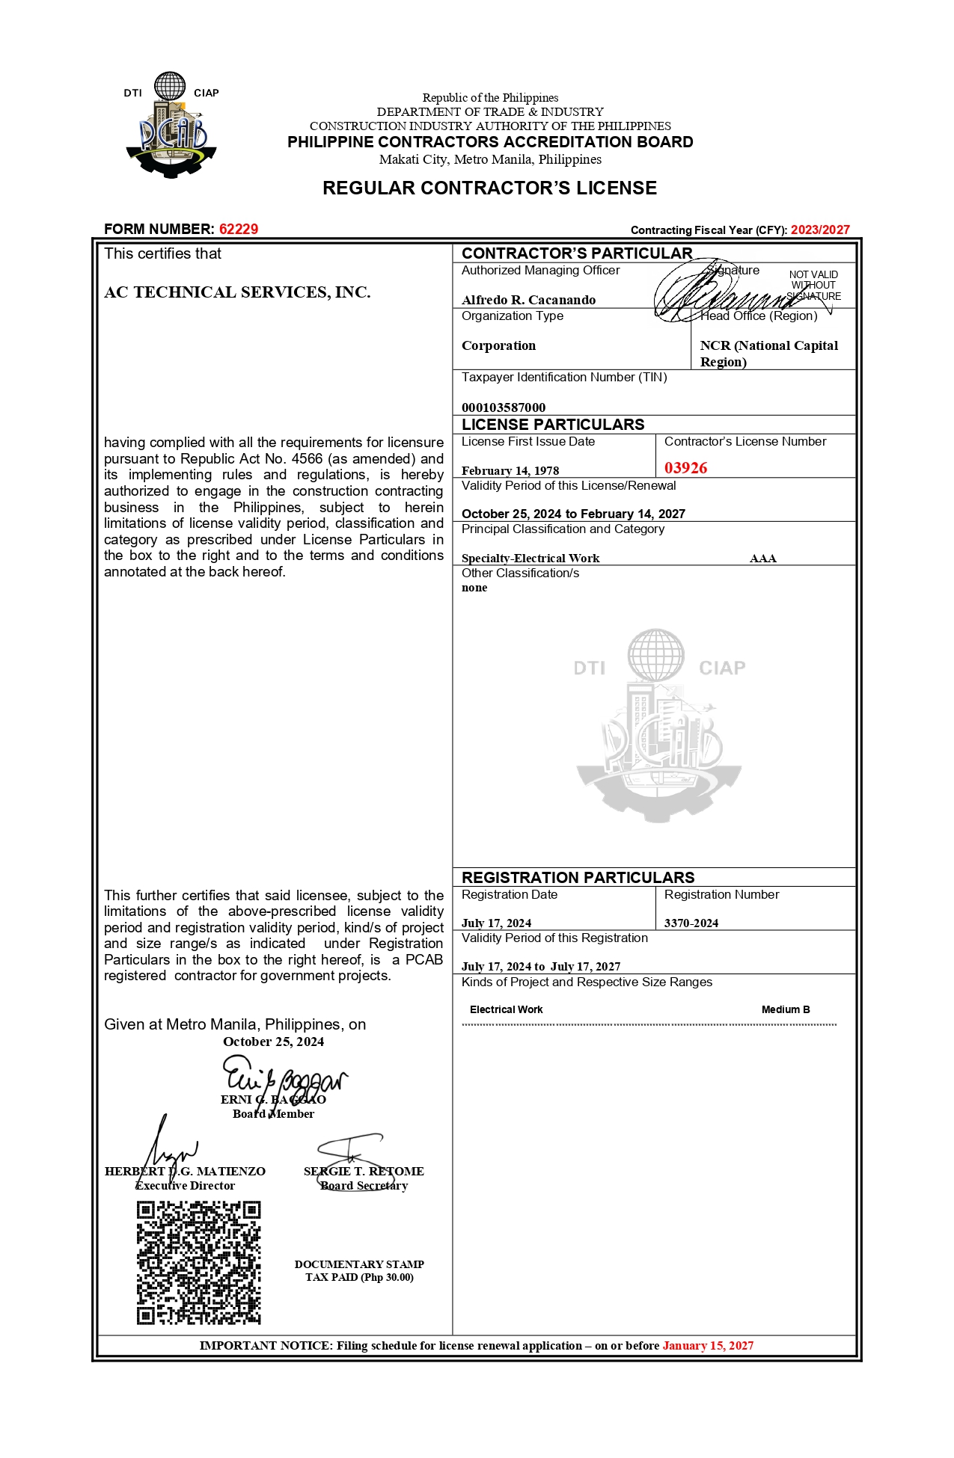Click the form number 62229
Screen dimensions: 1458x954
click(238, 230)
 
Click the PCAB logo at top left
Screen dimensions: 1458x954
click(171, 126)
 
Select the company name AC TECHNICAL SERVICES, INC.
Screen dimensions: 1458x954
click(237, 292)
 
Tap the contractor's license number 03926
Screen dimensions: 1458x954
click(685, 468)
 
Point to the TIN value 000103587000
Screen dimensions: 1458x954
click(504, 407)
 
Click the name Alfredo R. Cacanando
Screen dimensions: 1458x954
click(528, 300)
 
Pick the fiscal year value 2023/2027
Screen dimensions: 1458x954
click(820, 230)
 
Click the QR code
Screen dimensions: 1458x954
click(199, 1262)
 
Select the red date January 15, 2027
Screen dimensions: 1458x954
click(708, 1346)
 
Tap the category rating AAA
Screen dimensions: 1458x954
click(762, 559)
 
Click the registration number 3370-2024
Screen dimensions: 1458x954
click(691, 923)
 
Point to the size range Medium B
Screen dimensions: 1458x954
click(786, 1010)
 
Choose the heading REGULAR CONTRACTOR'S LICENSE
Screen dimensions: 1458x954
click(489, 188)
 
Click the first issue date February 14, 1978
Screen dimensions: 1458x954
click(510, 471)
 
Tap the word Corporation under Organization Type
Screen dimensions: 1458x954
click(498, 345)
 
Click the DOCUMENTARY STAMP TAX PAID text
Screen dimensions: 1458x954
click(359, 1270)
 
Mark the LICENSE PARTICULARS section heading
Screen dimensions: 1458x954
click(553, 425)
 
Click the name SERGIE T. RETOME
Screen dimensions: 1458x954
click(364, 1172)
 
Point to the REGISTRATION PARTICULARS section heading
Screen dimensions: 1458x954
click(578, 878)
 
